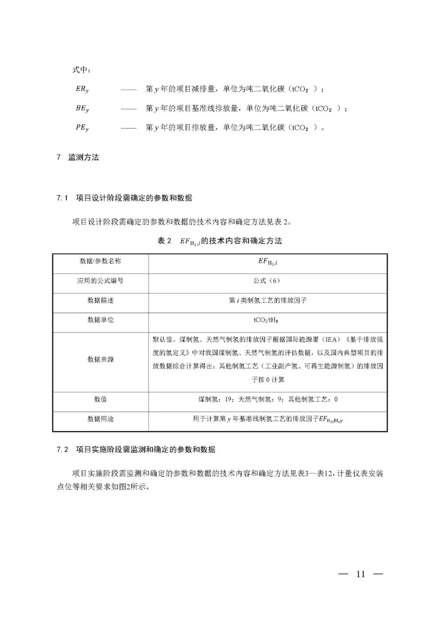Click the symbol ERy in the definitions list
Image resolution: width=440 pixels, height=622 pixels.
coord(82,89)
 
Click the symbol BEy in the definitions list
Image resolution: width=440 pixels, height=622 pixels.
coord(82,108)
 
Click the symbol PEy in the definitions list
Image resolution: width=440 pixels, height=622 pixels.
coord(82,127)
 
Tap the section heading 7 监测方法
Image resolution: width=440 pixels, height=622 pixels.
coord(77,158)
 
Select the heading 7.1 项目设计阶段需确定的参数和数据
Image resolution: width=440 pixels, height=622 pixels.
coord(124,198)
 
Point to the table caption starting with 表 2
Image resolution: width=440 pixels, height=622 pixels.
coord(220,241)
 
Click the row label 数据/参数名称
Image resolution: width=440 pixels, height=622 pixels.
coord(100,261)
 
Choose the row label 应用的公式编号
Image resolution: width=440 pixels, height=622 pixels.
coord(100,281)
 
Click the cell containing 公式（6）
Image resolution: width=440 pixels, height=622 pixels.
coord(267,281)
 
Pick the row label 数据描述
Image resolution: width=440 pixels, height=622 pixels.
coord(100,300)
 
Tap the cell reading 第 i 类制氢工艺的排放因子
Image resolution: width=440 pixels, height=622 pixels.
coord(267,300)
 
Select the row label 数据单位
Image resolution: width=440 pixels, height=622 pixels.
coord(100,320)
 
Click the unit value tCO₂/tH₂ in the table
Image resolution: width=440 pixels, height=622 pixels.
coord(267,320)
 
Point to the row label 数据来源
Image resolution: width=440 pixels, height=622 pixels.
coord(100,359)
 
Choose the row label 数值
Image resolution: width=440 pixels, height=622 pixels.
coord(100,399)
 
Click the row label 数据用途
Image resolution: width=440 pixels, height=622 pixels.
coord(100,419)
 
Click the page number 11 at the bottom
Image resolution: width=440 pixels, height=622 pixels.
coord(361,574)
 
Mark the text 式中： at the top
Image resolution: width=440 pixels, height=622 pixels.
coord(81,70)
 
